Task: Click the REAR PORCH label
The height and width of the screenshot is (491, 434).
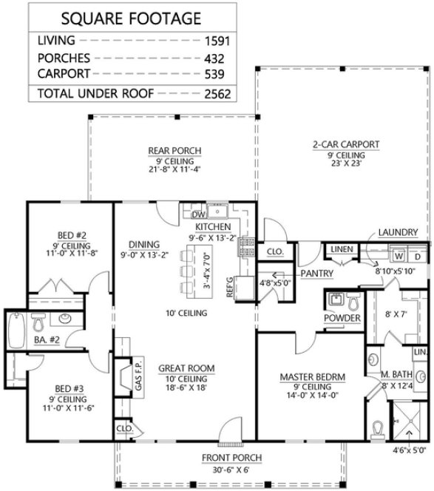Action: (174, 151)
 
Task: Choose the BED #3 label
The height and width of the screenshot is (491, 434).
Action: (72, 387)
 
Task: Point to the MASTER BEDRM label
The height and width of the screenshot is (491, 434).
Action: (311, 377)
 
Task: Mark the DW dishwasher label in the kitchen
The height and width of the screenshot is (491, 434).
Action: (187, 214)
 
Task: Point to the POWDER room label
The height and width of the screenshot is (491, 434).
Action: (342, 319)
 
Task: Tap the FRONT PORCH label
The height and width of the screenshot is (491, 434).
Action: (224, 457)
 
